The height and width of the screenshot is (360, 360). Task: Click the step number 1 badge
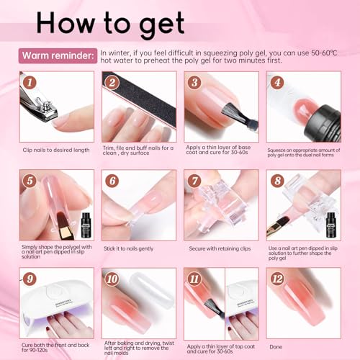tap(30, 84)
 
